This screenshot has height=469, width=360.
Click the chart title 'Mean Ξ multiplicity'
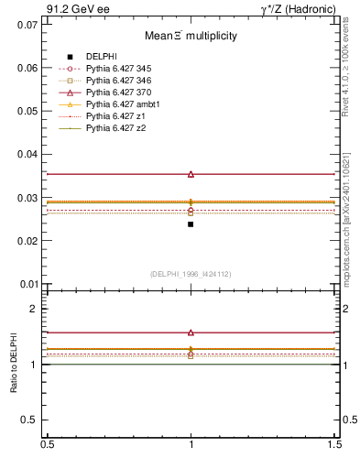(191, 37)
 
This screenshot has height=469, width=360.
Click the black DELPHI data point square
(191, 224)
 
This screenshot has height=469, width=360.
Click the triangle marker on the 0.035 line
(191, 174)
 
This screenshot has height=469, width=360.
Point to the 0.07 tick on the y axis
(27, 25)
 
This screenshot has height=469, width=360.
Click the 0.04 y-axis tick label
(27, 154)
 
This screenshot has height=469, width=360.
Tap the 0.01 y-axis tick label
(27, 284)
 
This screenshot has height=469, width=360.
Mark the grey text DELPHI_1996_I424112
(191, 274)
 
